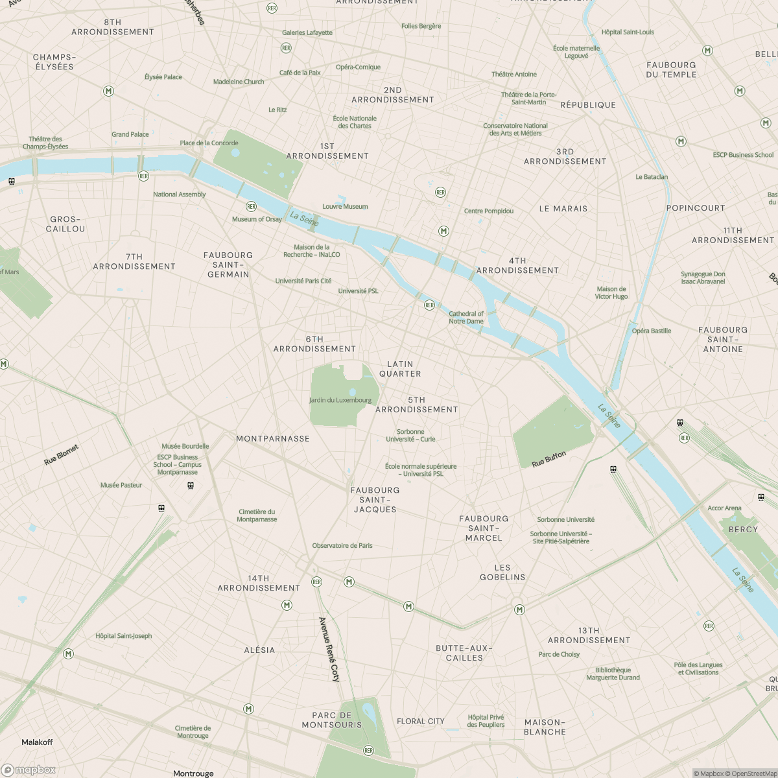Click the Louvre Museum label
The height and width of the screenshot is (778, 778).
pyautogui.click(x=345, y=207)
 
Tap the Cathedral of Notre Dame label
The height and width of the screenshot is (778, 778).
pyautogui.click(x=466, y=317)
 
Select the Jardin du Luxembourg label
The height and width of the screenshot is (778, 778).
pyautogui.click(x=340, y=400)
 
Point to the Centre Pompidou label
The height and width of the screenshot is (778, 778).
pyautogui.click(x=488, y=211)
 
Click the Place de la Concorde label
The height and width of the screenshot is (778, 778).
pyautogui.click(x=209, y=143)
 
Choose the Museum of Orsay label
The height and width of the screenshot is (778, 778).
pyautogui.click(x=257, y=219)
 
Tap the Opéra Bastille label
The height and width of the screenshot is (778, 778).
pyautogui.click(x=651, y=331)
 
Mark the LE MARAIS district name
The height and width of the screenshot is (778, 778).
pyautogui.click(x=563, y=209)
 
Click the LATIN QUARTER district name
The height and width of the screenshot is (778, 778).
pyautogui.click(x=400, y=369)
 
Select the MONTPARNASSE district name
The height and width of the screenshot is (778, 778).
pyautogui.click(x=273, y=439)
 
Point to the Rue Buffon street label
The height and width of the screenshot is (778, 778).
pyautogui.click(x=548, y=460)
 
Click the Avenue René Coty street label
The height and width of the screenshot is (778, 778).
pyautogui.click(x=329, y=649)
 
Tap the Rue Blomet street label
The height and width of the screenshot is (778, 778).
pyautogui.click(x=62, y=454)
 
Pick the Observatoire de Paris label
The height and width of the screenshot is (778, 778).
pyautogui.click(x=342, y=546)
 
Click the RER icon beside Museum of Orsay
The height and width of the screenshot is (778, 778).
pyautogui.click(x=251, y=207)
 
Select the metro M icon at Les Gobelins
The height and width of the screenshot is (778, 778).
pyautogui.click(x=519, y=609)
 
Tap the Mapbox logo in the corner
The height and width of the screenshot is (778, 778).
pyautogui.click(x=29, y=770)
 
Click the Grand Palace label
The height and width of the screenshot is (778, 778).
pyautogui.click(x=130, y=135)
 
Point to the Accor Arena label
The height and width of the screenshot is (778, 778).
pyautogui.click(x=724, y=508)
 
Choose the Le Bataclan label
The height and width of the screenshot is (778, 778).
pyautogui.click(x=652, y=177)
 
